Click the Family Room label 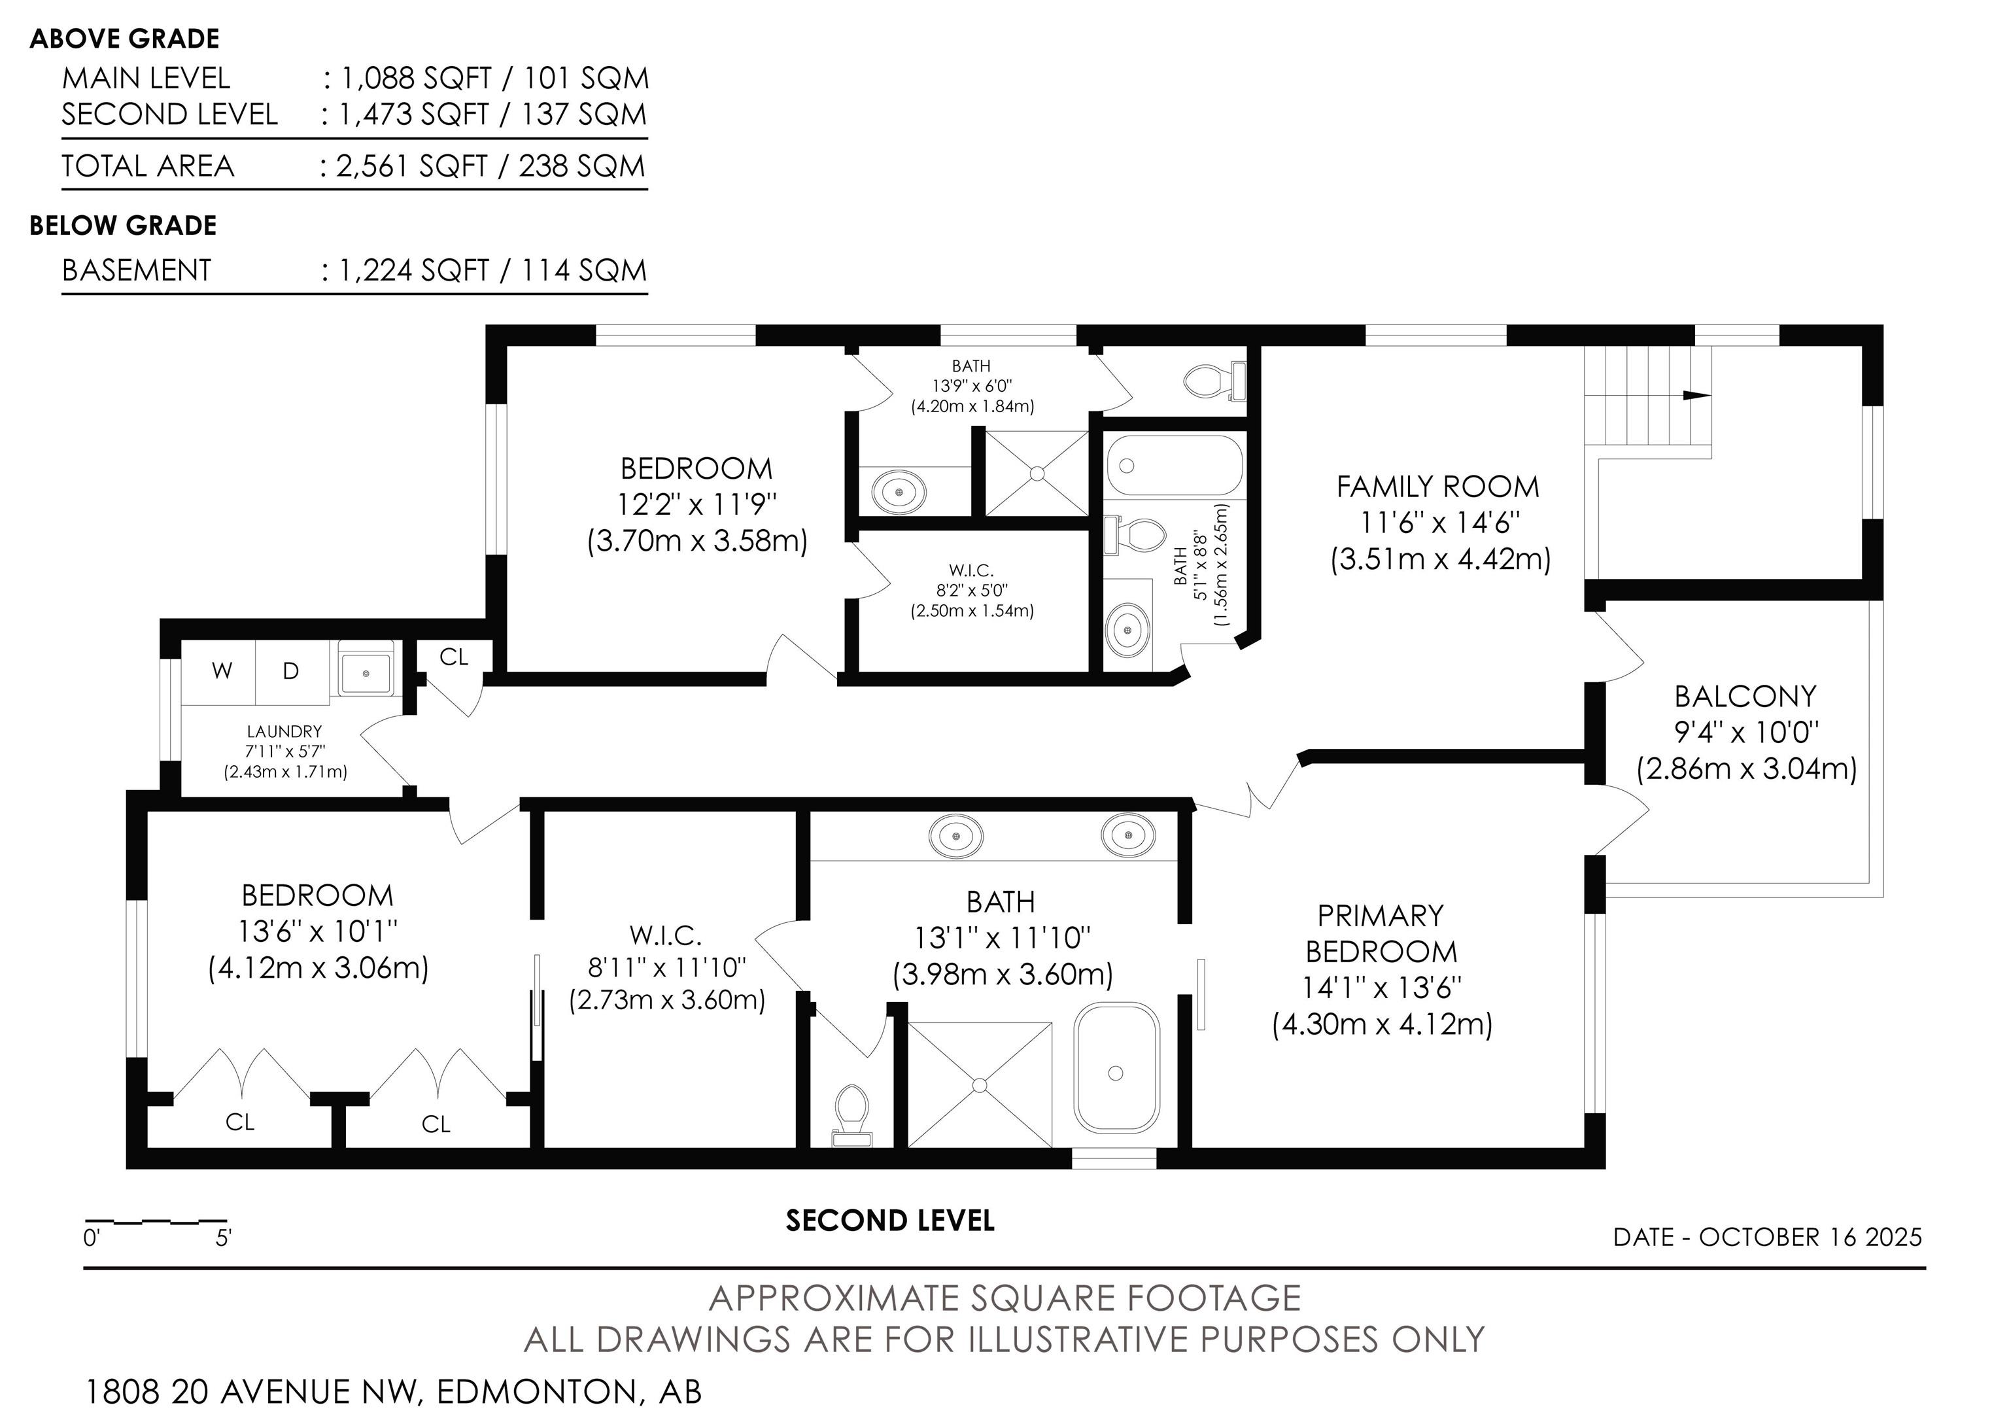tap(1437, 487)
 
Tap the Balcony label tap(1745, 697)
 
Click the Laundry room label tap(284, 731)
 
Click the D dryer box tap(292, 672)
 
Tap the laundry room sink tap(367, 672)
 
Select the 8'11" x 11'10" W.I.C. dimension tap(667, 967)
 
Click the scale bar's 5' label tap(223, 1238)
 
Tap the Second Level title tap(890, 1221)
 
